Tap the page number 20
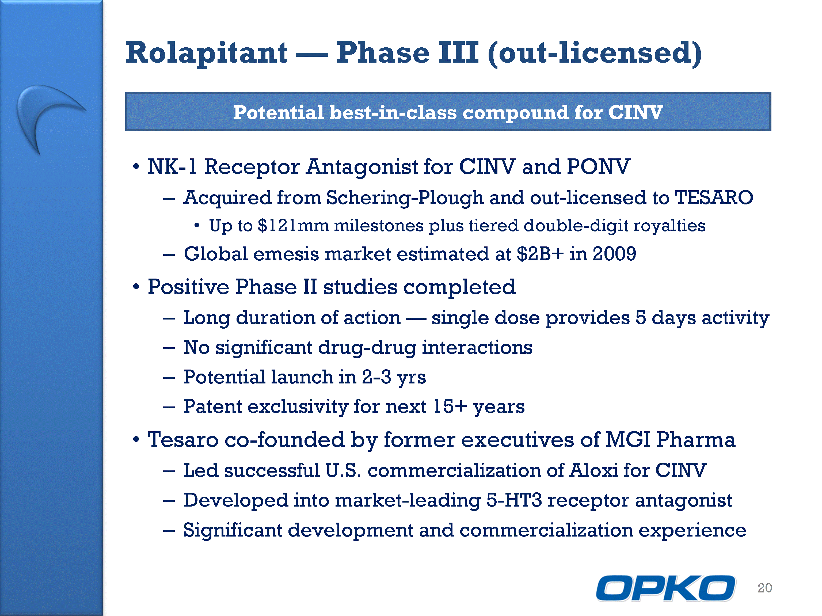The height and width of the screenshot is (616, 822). coord(765,588)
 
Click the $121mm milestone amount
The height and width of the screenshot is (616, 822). coord(293,226)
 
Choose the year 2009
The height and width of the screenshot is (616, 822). coord(614,254)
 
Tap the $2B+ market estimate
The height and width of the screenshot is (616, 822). coord(540,254)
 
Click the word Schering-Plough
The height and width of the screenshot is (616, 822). coord(405,198)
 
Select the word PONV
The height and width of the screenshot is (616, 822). coord(598,166)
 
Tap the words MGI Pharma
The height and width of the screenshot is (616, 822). coord(670,440)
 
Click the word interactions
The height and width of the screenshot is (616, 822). coord(477,347)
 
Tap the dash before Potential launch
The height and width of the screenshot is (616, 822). coord(169,378)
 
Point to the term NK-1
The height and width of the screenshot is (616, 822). coord(172,166)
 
